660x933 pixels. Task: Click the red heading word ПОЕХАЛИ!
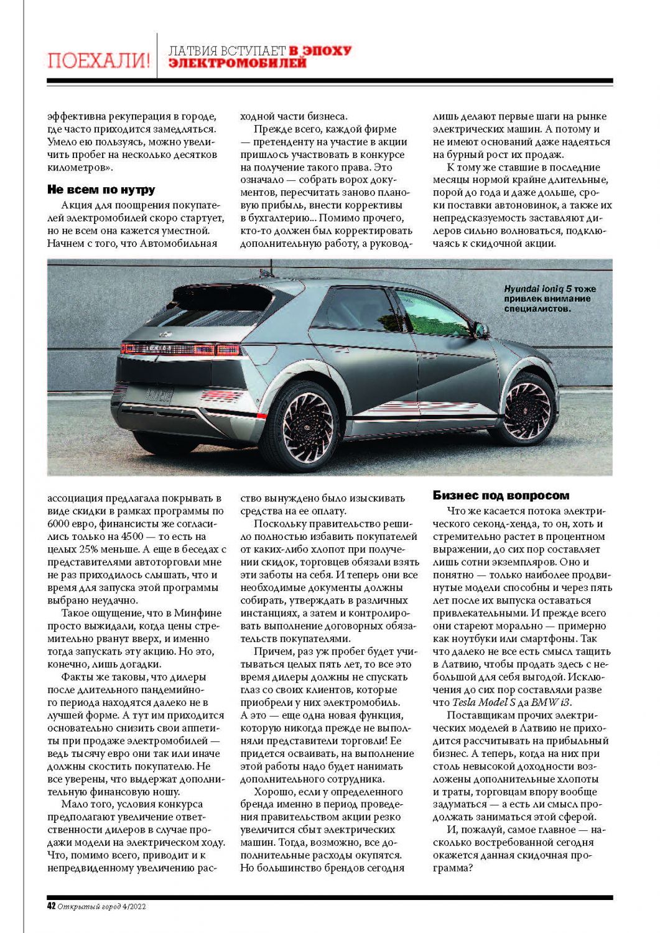pos(99,60)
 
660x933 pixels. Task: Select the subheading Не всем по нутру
pos(101,190)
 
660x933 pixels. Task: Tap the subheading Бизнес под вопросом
pos(501,496)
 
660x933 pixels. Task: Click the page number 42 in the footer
pos(52,906)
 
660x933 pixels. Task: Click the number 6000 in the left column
pos(60,524)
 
